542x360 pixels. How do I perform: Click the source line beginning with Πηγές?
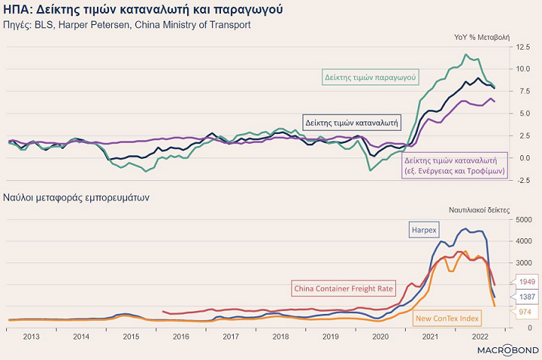click(127, 25)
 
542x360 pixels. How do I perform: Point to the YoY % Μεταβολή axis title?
click(481, 37)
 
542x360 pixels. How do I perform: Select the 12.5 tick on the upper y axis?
click(523, 47)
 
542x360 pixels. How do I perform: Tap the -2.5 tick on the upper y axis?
click(523, 180)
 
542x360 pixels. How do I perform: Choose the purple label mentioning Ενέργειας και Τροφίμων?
click(455, 166)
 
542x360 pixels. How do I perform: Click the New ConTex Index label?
click(447, 318)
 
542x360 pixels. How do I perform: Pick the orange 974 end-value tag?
click(524, 310)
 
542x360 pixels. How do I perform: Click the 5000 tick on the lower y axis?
click(525, 219)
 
